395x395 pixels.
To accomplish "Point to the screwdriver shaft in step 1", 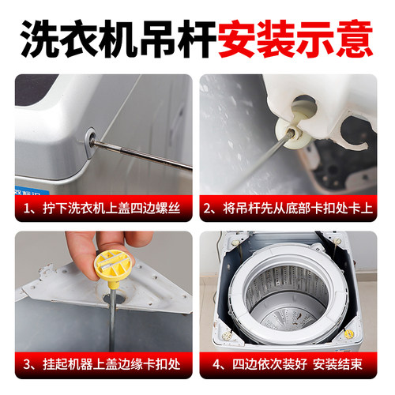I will coord(142,155).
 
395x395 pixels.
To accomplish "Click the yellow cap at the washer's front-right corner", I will coord(348,333).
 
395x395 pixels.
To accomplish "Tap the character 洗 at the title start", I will coord(36,35).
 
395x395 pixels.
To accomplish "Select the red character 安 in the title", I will coord(235,35).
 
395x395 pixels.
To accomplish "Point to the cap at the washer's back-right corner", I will coord(337,241).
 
